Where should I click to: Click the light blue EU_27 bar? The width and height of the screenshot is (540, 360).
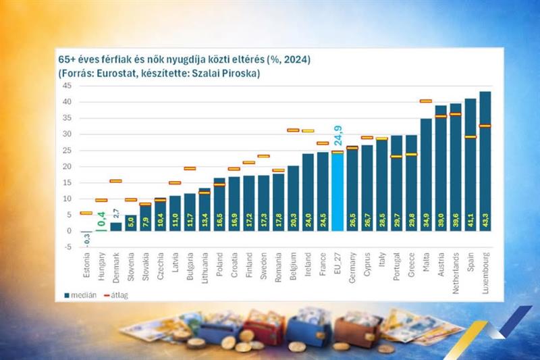(x=337, y=192)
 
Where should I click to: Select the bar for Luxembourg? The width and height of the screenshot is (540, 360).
(x=485, y=162)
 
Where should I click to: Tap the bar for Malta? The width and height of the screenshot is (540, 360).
(x=426, y=176)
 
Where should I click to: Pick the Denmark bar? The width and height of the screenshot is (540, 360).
(x=116, y=226)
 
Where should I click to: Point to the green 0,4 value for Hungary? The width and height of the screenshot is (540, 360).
(x=102, y=219)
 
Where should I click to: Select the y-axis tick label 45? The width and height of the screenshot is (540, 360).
(x=67, y=86)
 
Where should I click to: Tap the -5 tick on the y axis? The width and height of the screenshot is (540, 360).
(x=67, y=247)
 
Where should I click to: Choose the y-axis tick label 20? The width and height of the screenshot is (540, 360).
(x=67, y=166)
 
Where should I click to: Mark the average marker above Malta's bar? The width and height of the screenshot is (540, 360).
(x=426, y=101)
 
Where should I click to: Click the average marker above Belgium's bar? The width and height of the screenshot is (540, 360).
(x=294, y=130)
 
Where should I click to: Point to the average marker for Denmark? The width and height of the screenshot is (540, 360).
(x=116, y=181)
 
